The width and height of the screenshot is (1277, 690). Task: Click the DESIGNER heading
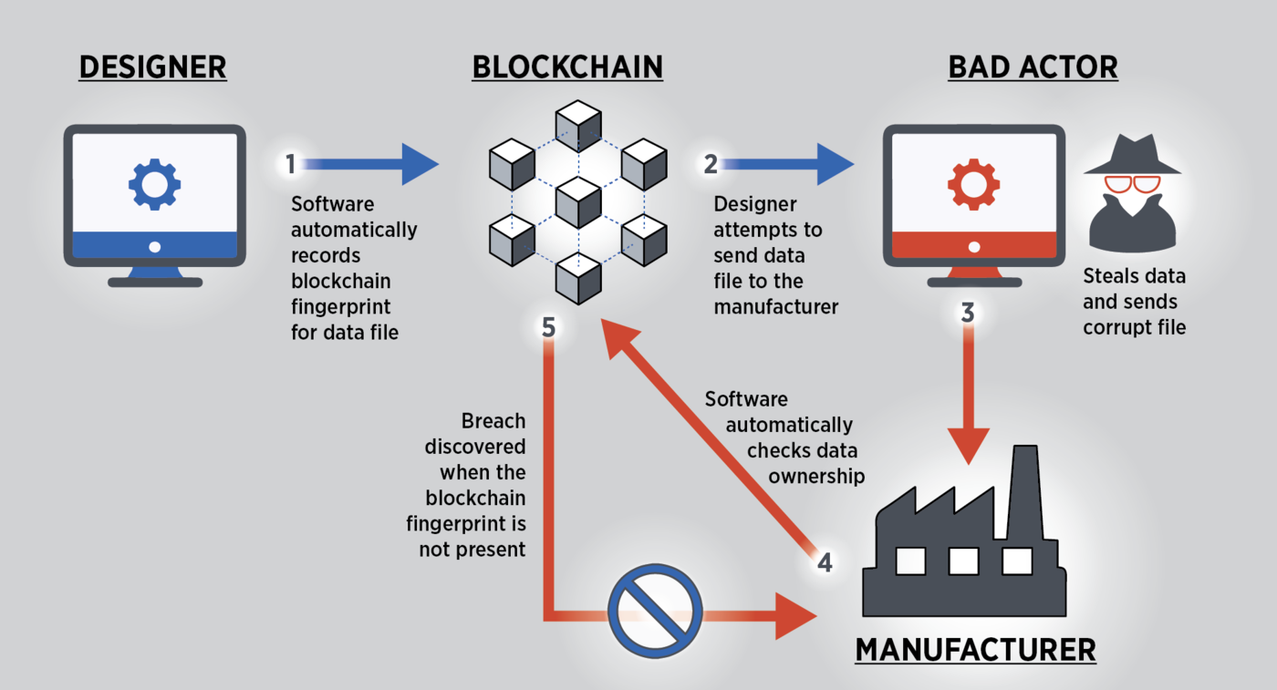[152, 67]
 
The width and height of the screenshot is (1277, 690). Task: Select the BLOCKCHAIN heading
[566, 67]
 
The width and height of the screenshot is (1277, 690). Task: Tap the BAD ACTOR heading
[1033, 67]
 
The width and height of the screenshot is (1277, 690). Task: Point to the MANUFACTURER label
[975, 650]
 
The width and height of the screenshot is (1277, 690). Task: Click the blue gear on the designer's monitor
[154, 185]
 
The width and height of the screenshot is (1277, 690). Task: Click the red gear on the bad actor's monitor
[973, 185]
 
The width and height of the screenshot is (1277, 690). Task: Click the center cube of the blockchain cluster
[578, 201]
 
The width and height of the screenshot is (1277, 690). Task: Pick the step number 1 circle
[290, 164]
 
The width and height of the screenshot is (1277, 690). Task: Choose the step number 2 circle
[711, 164]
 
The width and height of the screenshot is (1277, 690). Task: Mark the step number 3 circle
[968, 314]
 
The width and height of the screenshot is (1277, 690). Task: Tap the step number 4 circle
[825, 562]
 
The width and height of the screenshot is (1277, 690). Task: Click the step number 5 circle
[548, 326]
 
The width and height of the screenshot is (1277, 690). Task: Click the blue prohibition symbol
[655, 610]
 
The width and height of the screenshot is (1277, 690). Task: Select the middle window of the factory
[963, 561]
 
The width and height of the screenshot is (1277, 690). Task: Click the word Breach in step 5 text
[493, 421]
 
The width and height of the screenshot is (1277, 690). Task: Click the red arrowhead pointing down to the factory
[968, 447]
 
